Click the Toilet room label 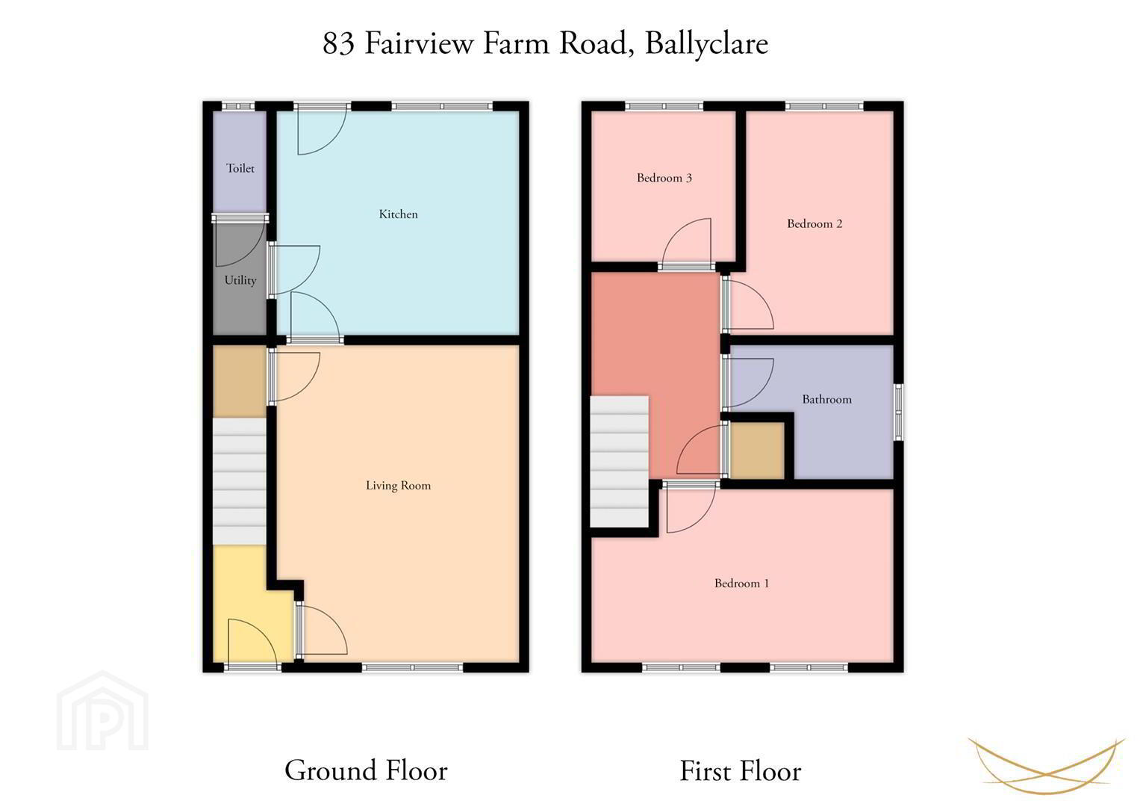tap(240, 168)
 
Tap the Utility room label tap(240, 280)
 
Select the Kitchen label tap(399, 214)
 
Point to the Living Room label tap(399, 486)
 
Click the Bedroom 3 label tap(664, 178)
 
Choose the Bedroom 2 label tap(814, 223)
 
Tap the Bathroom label tap(827, 400)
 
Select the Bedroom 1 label tap(741, 584)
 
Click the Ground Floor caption tap(366, 770)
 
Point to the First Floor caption tap(741, 770)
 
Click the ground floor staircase tap(239, 481)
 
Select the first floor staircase tap(620, 462)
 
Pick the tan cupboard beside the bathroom tap(757, 451)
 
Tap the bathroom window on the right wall tap(899, 412)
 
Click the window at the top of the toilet tap(238, 106)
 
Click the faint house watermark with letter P tap(102, 711)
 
